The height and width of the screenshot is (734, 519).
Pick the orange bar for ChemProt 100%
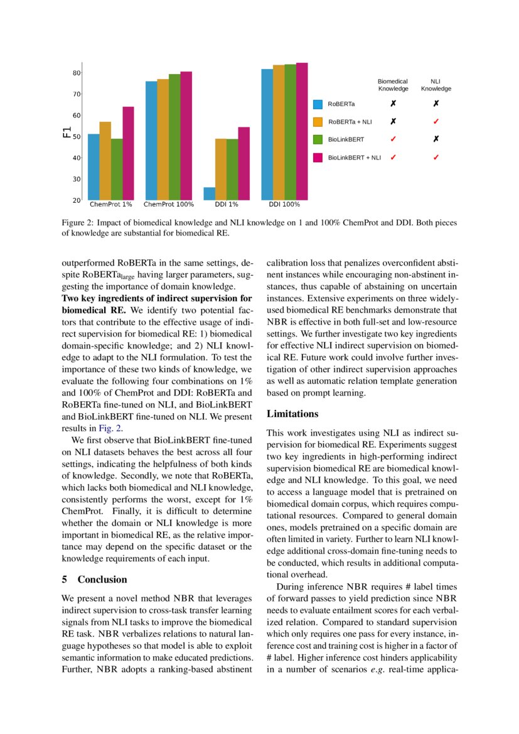coord(163,139)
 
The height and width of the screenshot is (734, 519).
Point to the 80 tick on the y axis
coord(76,73)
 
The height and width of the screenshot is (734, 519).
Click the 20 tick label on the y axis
coord(76,200)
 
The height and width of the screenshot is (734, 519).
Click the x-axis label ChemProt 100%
coord(169,205)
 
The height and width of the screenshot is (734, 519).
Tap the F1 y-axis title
coord(66,132)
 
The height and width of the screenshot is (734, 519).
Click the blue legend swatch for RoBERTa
coord(318,104)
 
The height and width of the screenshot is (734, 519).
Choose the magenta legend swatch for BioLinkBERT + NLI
coord(318,158)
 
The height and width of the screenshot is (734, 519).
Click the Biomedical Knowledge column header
coord(392,85)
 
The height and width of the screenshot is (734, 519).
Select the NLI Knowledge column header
coord(436,85)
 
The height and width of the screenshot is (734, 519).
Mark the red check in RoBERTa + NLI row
coord(436,121)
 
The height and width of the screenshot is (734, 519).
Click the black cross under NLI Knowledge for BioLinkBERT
coord(436,139)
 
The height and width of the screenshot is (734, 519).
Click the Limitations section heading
coord(292,414)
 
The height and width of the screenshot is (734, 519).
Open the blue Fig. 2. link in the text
coord(111,429)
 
